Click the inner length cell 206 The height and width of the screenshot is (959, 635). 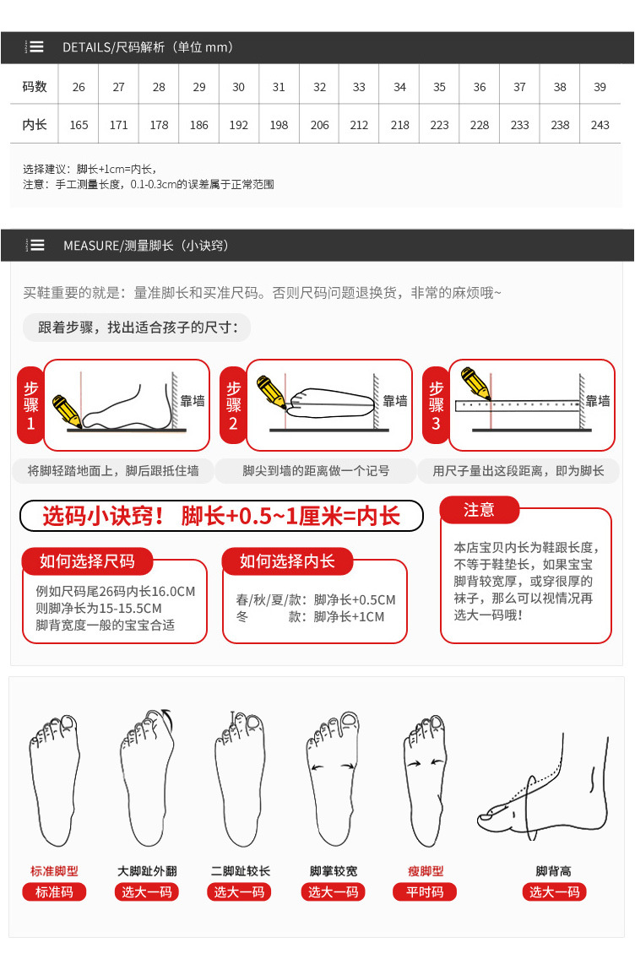click(319, 125)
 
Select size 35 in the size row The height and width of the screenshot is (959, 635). click(439, 87)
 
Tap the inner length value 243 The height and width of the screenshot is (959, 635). click(600, 125)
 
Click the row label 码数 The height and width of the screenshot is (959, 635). click(35, 86)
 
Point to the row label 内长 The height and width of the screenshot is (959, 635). click(35, 124)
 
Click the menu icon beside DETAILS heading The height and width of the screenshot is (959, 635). click(35, 46)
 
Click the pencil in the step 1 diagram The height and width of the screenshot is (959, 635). click(67, 411)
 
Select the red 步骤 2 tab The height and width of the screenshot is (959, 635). click(233, 405)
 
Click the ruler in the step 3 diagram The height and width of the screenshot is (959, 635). click(518, 405)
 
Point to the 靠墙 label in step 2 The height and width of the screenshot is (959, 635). click(395, 401)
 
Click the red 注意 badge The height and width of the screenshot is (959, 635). click(479, 510)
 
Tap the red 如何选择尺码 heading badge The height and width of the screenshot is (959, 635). click(87, 561)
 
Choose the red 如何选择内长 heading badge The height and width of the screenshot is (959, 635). click(288, 561)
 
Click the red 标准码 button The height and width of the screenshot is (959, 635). click(54, 891)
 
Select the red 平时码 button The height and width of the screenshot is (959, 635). click(425, 891)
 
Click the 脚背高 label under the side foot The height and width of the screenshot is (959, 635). click(554, 871)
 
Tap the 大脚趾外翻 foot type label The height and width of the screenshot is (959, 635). click(147, 871)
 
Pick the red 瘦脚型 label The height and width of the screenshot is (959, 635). click(426, 871)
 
